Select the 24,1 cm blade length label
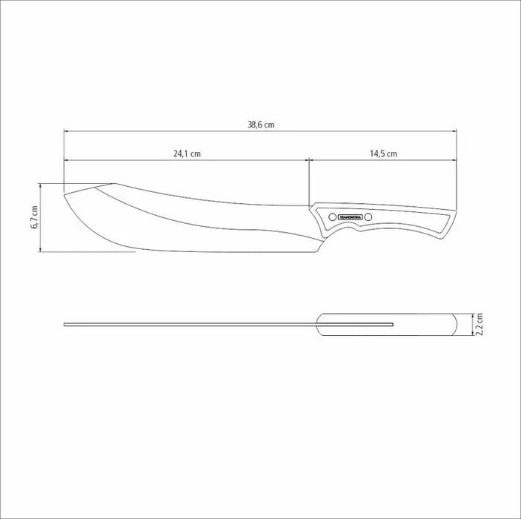pyautogui.click(x=188, y=154)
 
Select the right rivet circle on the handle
pyautogui.click(x=371, y=216)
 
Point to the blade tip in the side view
pyautogui.click(x=66, y=195)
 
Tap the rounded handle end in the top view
pyautogui.click(x=454, y=325)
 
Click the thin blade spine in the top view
pyautogui.click(x=185, y=324)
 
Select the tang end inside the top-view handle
pyautogui.click(x=391, y=324)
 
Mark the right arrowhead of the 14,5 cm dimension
pyautogui.click(x=454, y=159)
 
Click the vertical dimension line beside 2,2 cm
pyautogui.click(x=472, y=325)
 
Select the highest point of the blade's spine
pyautogui.click(x=111, y=183)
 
